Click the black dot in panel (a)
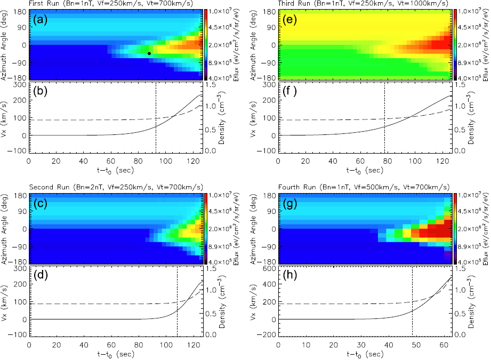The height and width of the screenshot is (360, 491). pyautogui.click(x=149, y=53)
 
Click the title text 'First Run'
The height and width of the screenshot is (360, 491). pyautogui.click(x=42, y=4)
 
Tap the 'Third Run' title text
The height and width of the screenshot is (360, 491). pyautogui.click(x=295, y=4)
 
